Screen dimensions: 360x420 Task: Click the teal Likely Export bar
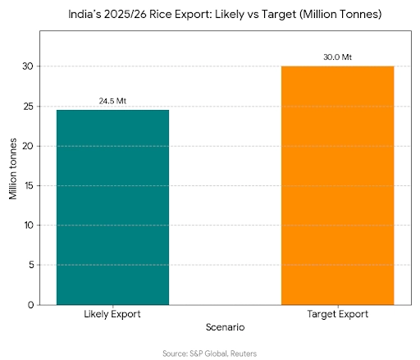click(x=112, y=207)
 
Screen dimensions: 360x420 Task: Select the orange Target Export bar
click(x=337, y=185)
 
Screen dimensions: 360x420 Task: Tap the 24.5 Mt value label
click(x=112, y=101)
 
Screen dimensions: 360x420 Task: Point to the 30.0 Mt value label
click(x=337, y=57)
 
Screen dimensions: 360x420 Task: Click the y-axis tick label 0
click(x=31, y=304)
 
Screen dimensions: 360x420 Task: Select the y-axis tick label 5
click(x=31, y=265)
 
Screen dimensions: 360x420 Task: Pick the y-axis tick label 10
click(x=29, y=225)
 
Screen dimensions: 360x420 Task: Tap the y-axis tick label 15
click(x=29, y=185)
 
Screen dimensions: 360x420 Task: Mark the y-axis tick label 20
click(x=29, y=146)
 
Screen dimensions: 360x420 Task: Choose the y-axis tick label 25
click(x=29, y=107)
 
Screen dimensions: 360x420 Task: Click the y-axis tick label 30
click(x=29, y=66)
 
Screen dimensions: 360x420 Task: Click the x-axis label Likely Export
click(x=112, y=314)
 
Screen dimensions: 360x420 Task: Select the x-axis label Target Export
click(x=337, y=314)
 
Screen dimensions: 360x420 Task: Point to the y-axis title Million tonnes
click(x=13, y=167)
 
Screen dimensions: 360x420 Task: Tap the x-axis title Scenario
click(x=225, y=326)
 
